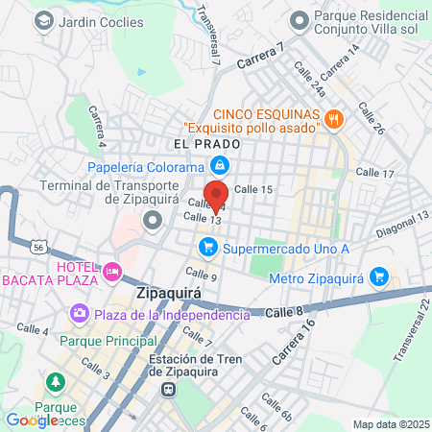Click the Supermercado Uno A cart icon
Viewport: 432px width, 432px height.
coord(206,248)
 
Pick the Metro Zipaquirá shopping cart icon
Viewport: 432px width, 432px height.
coord(379,277)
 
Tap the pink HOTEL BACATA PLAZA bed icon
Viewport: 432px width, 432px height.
coord(112,273)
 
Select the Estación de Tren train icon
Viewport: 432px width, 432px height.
coord(169,389)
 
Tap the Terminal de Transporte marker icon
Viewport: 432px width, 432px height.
coord(151,221)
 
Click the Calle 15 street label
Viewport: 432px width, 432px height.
coord(254,189)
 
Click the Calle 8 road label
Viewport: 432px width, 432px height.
coord(284,312)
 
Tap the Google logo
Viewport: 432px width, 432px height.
coord(31,420)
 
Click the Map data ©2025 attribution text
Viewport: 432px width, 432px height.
coord(390,424)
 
